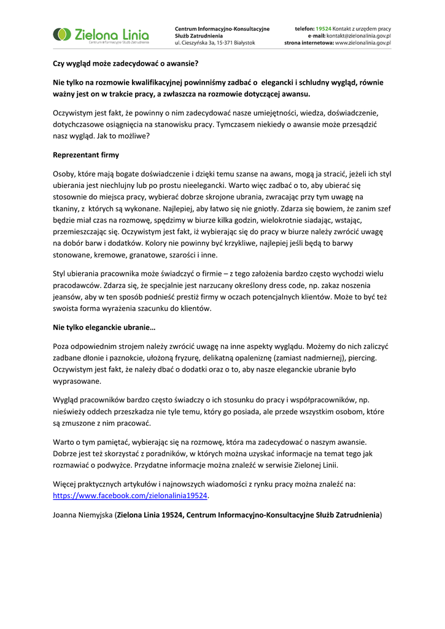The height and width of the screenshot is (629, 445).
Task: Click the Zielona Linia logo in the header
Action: point(101,36)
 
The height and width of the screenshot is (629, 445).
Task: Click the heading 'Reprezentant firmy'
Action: point(86,155)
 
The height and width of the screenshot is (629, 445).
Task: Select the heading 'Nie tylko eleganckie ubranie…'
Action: point(104,327)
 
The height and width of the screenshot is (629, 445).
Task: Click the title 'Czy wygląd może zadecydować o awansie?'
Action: point(126,63)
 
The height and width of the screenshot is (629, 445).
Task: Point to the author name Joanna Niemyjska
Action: point(83,515)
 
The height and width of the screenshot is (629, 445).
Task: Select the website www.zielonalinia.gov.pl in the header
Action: point(363,43)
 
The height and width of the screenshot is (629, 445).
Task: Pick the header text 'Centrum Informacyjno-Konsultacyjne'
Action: point(222,29)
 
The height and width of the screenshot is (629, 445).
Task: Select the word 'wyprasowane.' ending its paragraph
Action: point(77,381)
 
